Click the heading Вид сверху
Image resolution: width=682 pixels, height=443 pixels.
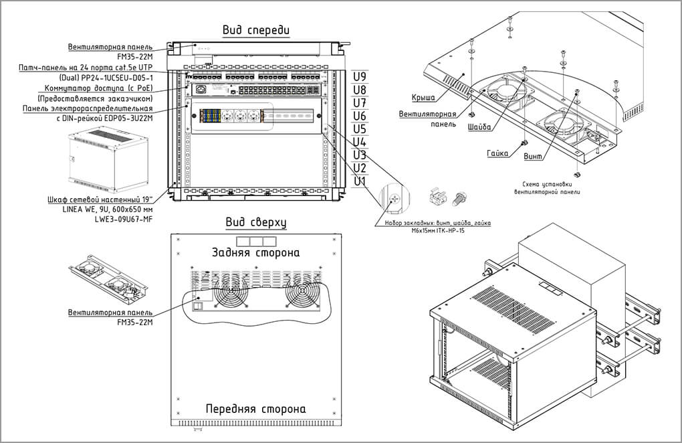256,223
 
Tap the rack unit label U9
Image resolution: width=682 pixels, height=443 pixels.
360,77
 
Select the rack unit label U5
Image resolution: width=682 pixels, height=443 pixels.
360,128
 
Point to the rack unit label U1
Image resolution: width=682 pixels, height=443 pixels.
360,181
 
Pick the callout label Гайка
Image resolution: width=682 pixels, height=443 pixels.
497,153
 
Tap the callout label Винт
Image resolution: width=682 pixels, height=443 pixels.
534,157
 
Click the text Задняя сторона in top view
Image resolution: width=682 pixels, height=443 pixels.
255,253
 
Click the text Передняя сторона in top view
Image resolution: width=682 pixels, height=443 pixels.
255,409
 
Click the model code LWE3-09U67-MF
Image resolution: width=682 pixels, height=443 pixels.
124,219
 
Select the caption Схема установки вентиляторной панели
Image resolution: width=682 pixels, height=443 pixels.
548,188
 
